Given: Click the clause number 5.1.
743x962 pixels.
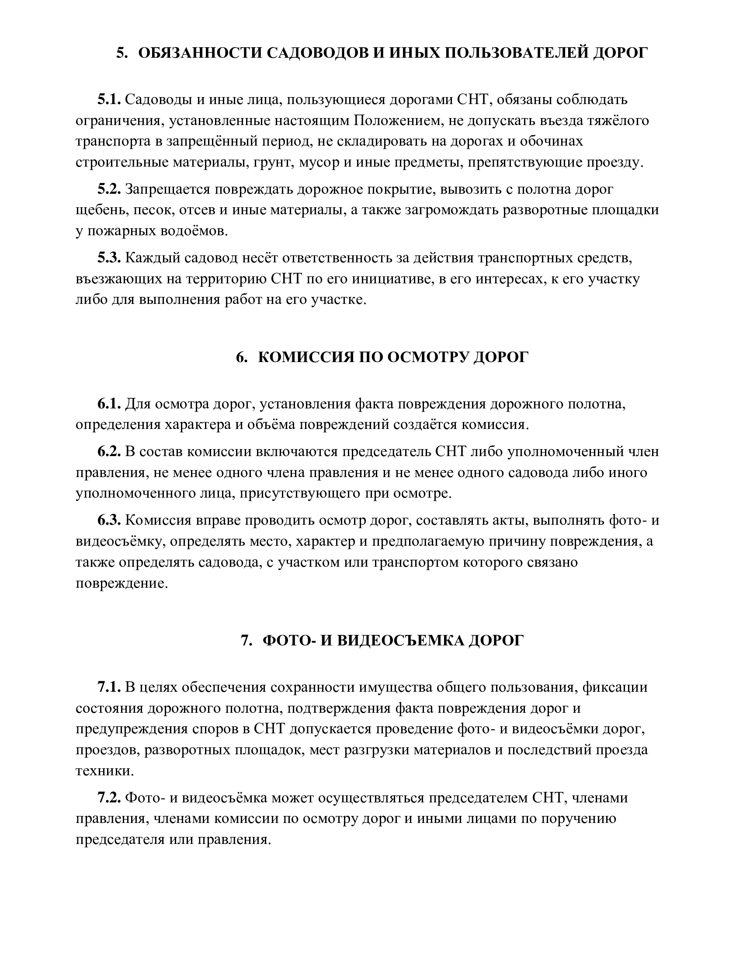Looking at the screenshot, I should coord(109,100).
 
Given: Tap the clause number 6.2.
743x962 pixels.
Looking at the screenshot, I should coord(109,452).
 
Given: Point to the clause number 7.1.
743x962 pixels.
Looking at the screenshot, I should coord(109,687).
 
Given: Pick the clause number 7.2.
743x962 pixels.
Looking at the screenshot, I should coord(109,798).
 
